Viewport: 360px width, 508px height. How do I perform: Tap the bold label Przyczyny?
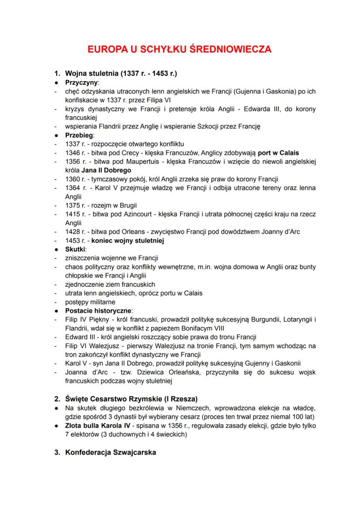coord(82,82)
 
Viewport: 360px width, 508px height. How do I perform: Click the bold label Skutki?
coord(76,249)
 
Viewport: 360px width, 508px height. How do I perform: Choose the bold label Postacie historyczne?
coord(99,311)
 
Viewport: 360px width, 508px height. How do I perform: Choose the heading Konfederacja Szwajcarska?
coord(110,452)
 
